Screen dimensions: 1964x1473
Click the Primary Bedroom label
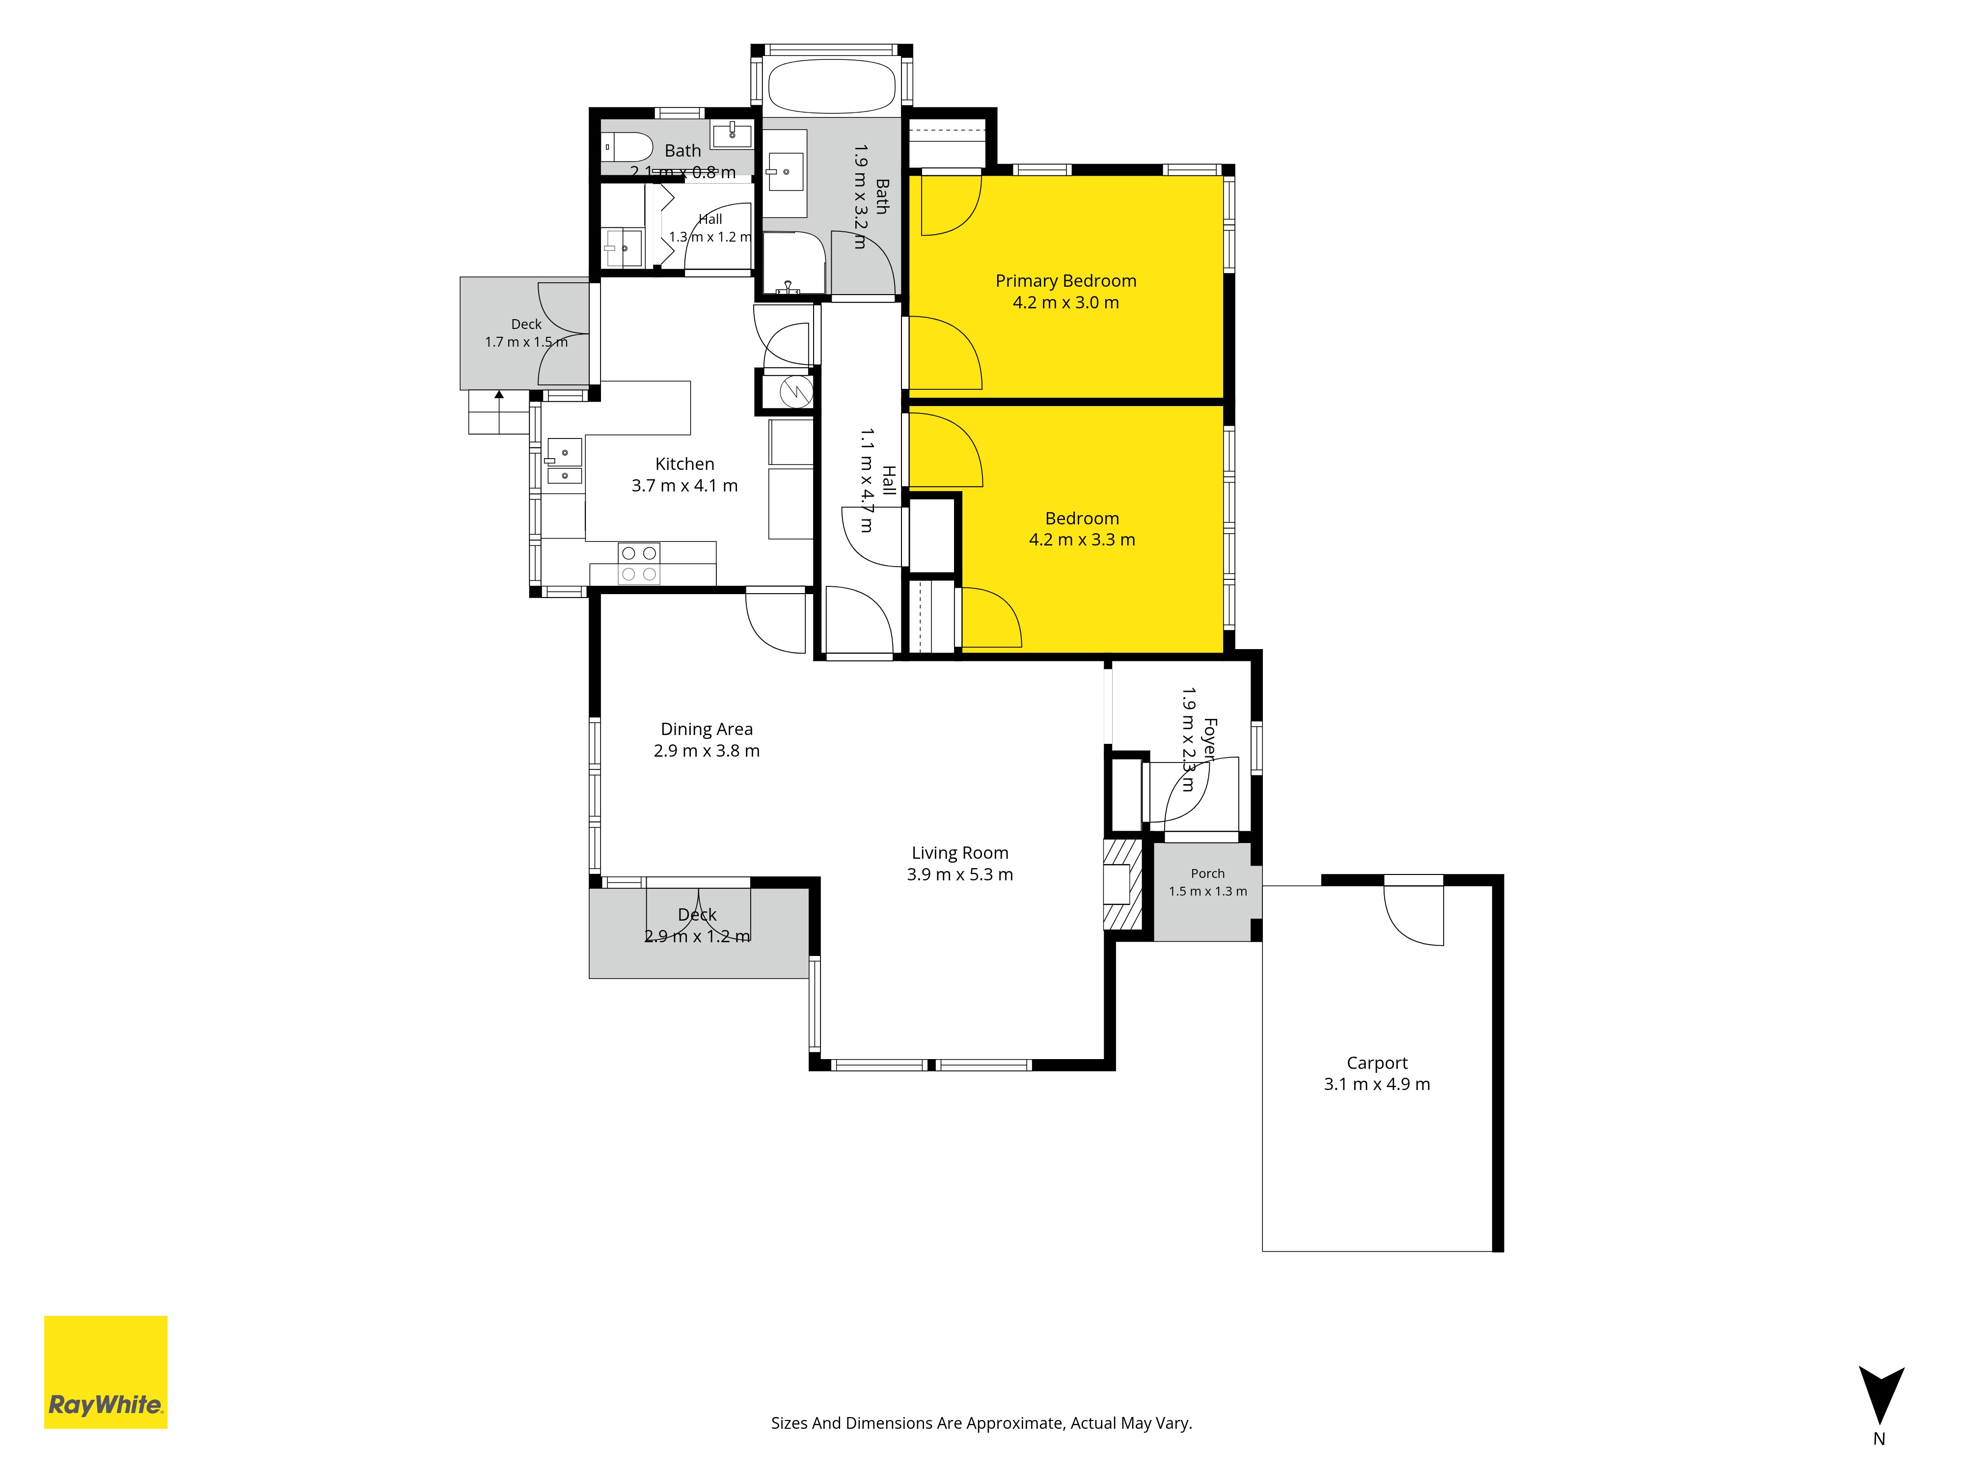click(x=1065, y=280)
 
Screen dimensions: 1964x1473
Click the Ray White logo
click(x=106, y=1372)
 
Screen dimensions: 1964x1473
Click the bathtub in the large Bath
click(x=831, y=86)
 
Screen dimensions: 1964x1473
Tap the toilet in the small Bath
click(x=627, y=146)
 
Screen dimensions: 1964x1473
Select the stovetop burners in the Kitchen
click(x=639, y=563)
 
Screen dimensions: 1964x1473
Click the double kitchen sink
click(x=565, y=462)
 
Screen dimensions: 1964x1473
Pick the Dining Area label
click(x=707, y=729)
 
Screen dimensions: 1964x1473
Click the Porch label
click(x=1207, y=873)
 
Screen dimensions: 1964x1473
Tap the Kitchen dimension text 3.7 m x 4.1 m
click(x=684, y=486)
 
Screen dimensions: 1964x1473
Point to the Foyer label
click(x=1209, y=739)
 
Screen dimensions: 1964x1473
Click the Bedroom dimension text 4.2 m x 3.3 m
click(x=1082, y=540)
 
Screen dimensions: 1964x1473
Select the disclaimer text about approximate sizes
click(x=981, y=1423)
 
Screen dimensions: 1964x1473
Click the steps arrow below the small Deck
click(x=499, y=411)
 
